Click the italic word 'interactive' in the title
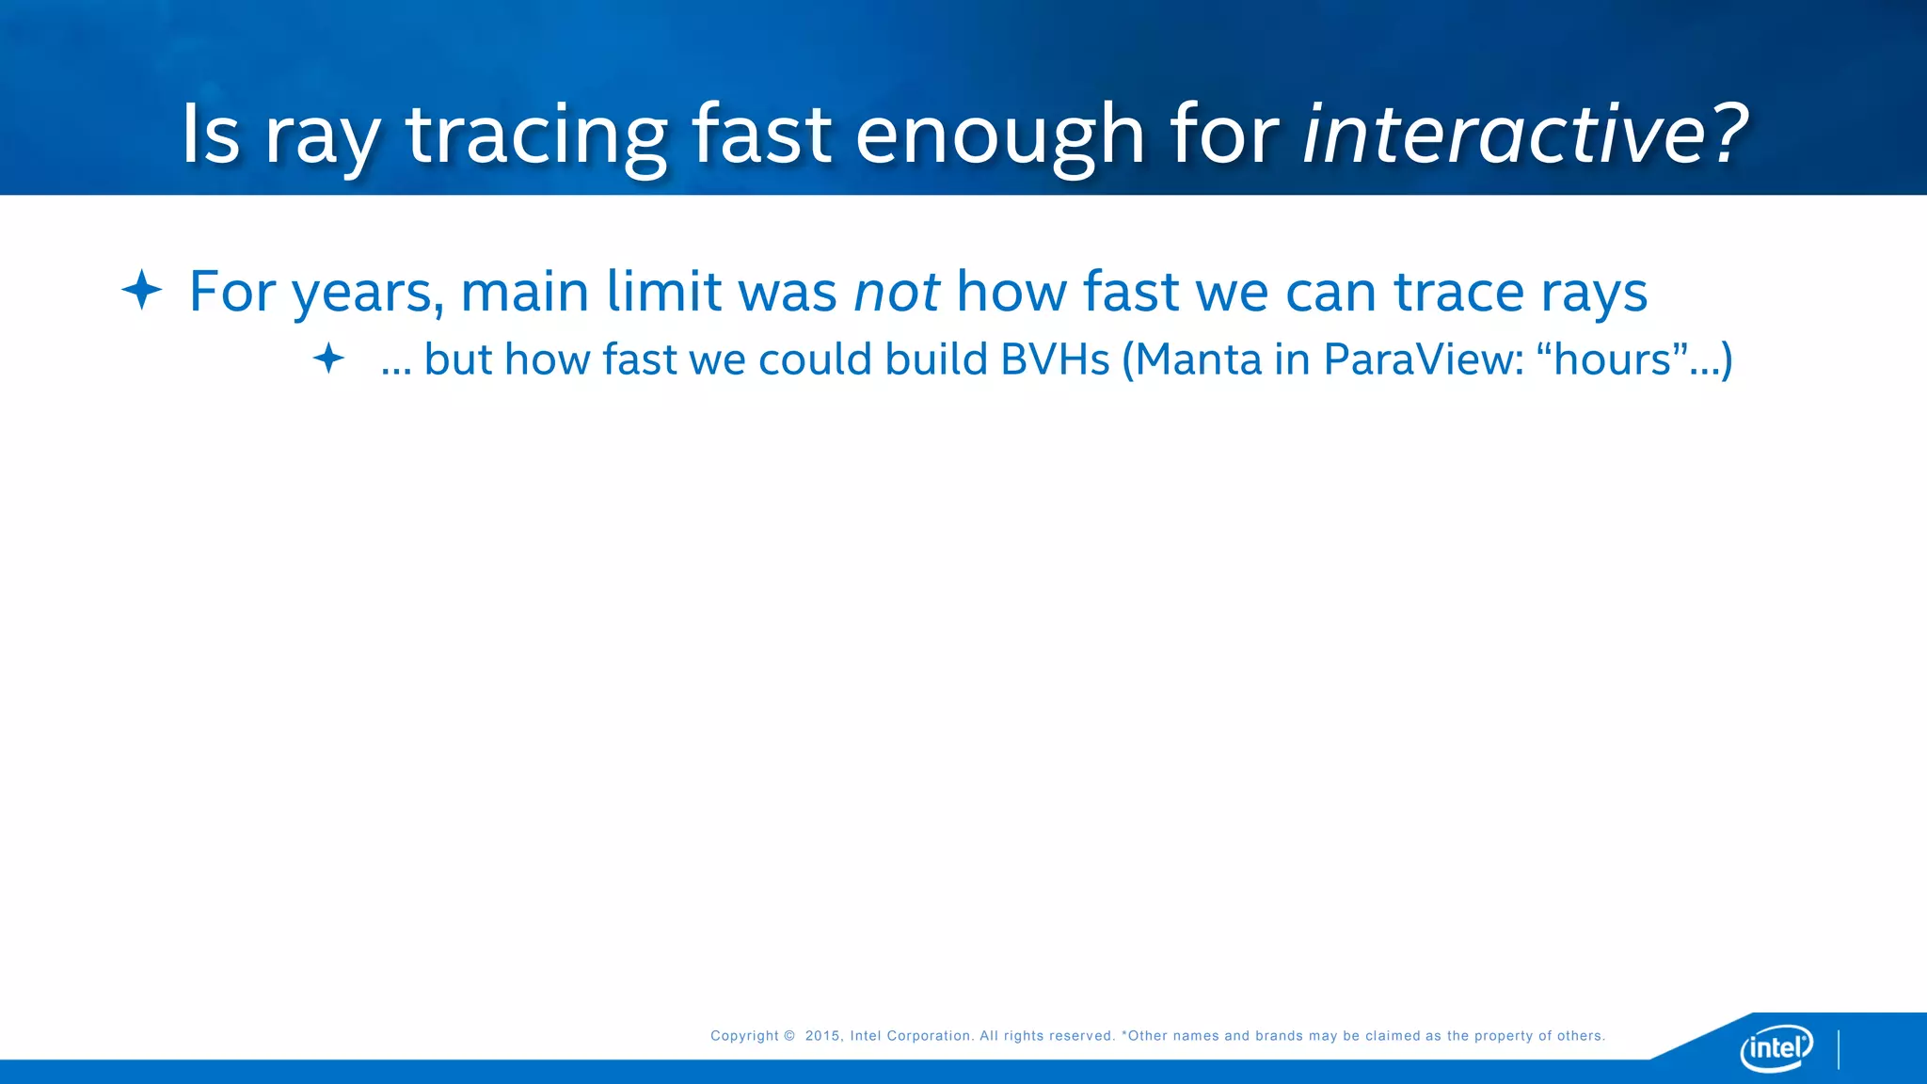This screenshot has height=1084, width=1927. (1503, 134)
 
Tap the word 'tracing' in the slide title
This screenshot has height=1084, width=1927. (536, 139)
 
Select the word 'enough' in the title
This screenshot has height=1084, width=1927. (999, 139)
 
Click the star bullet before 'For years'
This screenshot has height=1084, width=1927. (142, 290)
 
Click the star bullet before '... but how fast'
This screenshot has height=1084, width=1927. (328, 359)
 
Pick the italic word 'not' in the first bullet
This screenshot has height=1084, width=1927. (897, 292)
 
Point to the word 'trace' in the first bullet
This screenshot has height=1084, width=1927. (1457, 292)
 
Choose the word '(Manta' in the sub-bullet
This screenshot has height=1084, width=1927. (1192, 360)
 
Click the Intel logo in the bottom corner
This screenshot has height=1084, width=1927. (1776, 1047)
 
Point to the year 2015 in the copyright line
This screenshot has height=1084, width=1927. (823, 1036)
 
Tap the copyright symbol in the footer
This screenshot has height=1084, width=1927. (789, 1036)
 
